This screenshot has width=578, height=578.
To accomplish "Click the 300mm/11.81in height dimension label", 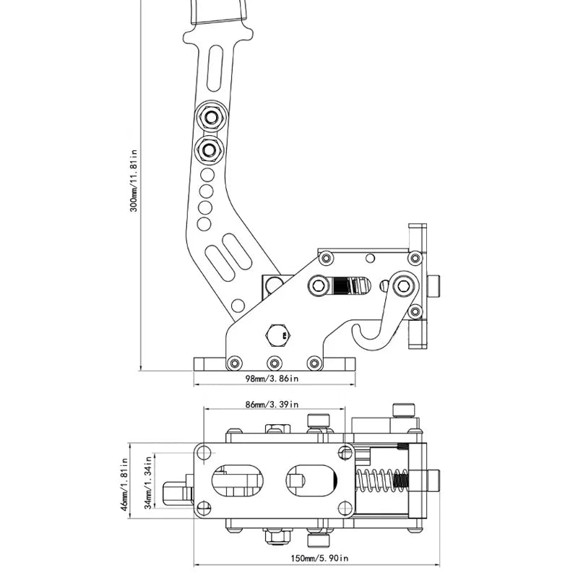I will (x=133, y=181).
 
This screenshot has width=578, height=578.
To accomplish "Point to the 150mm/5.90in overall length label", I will (x=318, y=558).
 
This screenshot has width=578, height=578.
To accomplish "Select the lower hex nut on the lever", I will (x=212, y=150).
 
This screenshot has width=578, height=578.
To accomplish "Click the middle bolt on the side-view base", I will (x=273, y=363).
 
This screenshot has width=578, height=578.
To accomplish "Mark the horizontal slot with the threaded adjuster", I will (x=340, y=286).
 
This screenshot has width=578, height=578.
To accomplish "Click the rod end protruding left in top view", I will (x=173, y=493).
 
